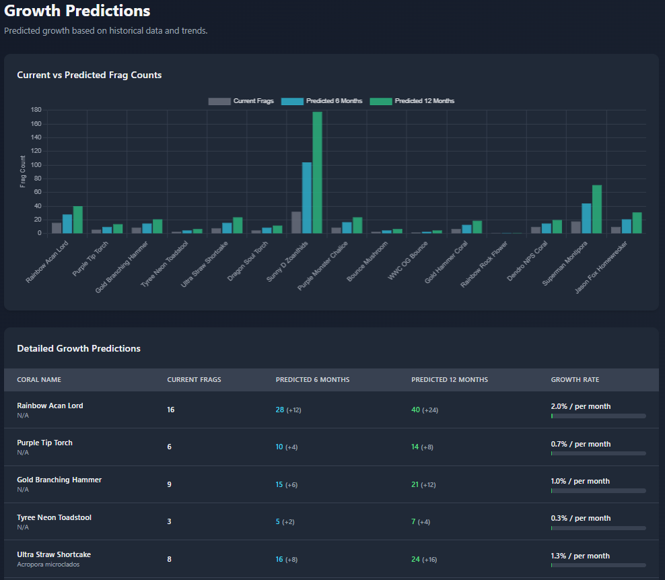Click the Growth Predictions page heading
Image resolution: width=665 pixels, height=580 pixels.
click(x=77, y=11)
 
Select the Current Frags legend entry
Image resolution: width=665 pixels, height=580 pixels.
click(x=241, y=101)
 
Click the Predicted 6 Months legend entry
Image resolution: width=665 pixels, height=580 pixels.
click(x=322, y=101)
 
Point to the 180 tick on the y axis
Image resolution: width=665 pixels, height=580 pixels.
click(x=36, y=110)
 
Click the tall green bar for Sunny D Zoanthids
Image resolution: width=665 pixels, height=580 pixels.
click(x=317, y=173)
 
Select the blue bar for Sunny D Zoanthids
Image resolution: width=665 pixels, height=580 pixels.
click(x=307, y=198)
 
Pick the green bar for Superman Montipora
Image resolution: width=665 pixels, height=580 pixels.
click(x=596, y=210)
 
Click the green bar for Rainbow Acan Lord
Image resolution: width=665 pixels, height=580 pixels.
click(x=77, y=220)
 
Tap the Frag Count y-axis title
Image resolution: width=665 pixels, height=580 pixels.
click(x=23, y=171)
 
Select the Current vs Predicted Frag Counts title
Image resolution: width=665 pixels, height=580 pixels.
click(x=90, y=75)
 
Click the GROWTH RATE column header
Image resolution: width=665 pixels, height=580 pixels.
click(x=575, y=380)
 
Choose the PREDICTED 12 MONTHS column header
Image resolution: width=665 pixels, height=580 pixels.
click(x=450, y=380)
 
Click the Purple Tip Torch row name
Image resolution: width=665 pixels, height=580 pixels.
click(x=44, y=443)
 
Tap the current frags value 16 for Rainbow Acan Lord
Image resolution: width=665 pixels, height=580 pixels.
click(x=171, y=410)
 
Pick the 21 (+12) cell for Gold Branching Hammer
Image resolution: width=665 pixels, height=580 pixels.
click(x=423, y=484)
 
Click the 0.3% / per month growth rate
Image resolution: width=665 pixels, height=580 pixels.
click(x=581, y=518)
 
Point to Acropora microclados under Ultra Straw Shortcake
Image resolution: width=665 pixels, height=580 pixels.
click(x=48, y=565)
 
